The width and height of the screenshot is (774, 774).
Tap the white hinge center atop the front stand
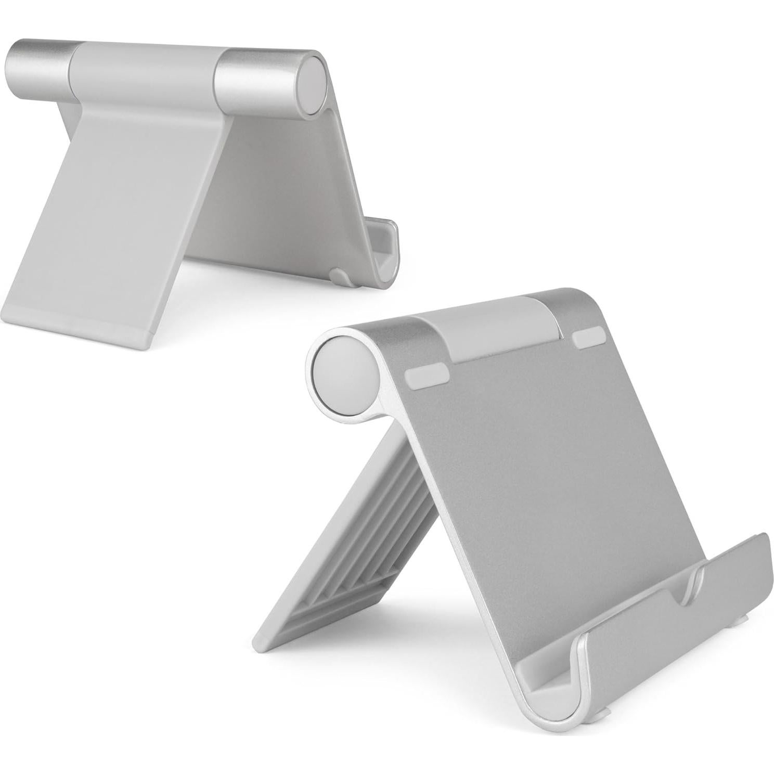[486, 328]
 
